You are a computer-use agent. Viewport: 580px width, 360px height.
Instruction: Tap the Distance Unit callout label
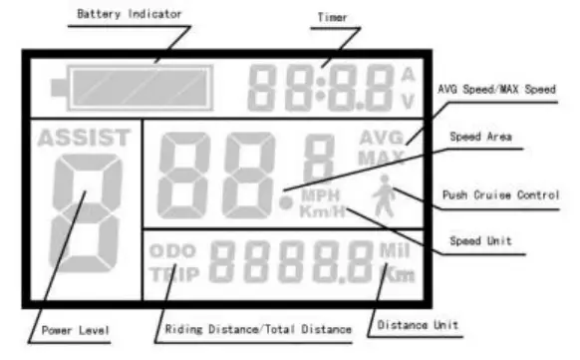pyautogui.click(x=420, y=325)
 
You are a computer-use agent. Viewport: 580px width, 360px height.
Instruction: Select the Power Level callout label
pyautogui.click(x=75, y=330)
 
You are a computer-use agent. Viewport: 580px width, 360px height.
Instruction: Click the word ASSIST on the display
pyautogui.click(x=84, y=138)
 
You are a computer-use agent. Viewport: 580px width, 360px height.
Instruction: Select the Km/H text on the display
pyautogui.click(x=324, y=211)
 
